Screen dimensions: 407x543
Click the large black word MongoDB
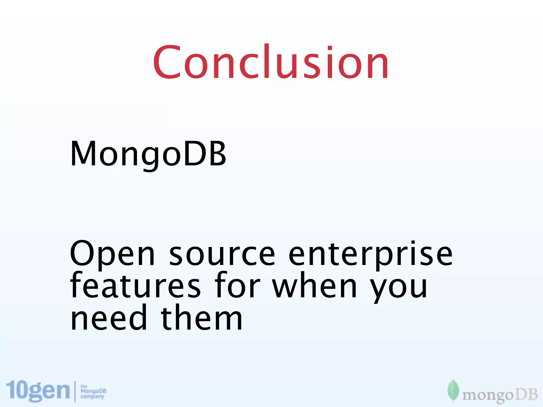(x=148, y=154)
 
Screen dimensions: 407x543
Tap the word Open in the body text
(x=112, y=254)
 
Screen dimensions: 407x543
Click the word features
(x=135, y=286)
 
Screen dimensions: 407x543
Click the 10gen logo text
(x=38, y=391)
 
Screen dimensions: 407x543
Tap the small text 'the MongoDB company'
(x=93, y=392)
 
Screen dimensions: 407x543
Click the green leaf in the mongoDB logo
(x=453, y=390)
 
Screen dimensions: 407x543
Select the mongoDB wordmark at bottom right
(x=500, y=395)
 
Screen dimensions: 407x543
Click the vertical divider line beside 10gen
(x=75, y=391)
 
